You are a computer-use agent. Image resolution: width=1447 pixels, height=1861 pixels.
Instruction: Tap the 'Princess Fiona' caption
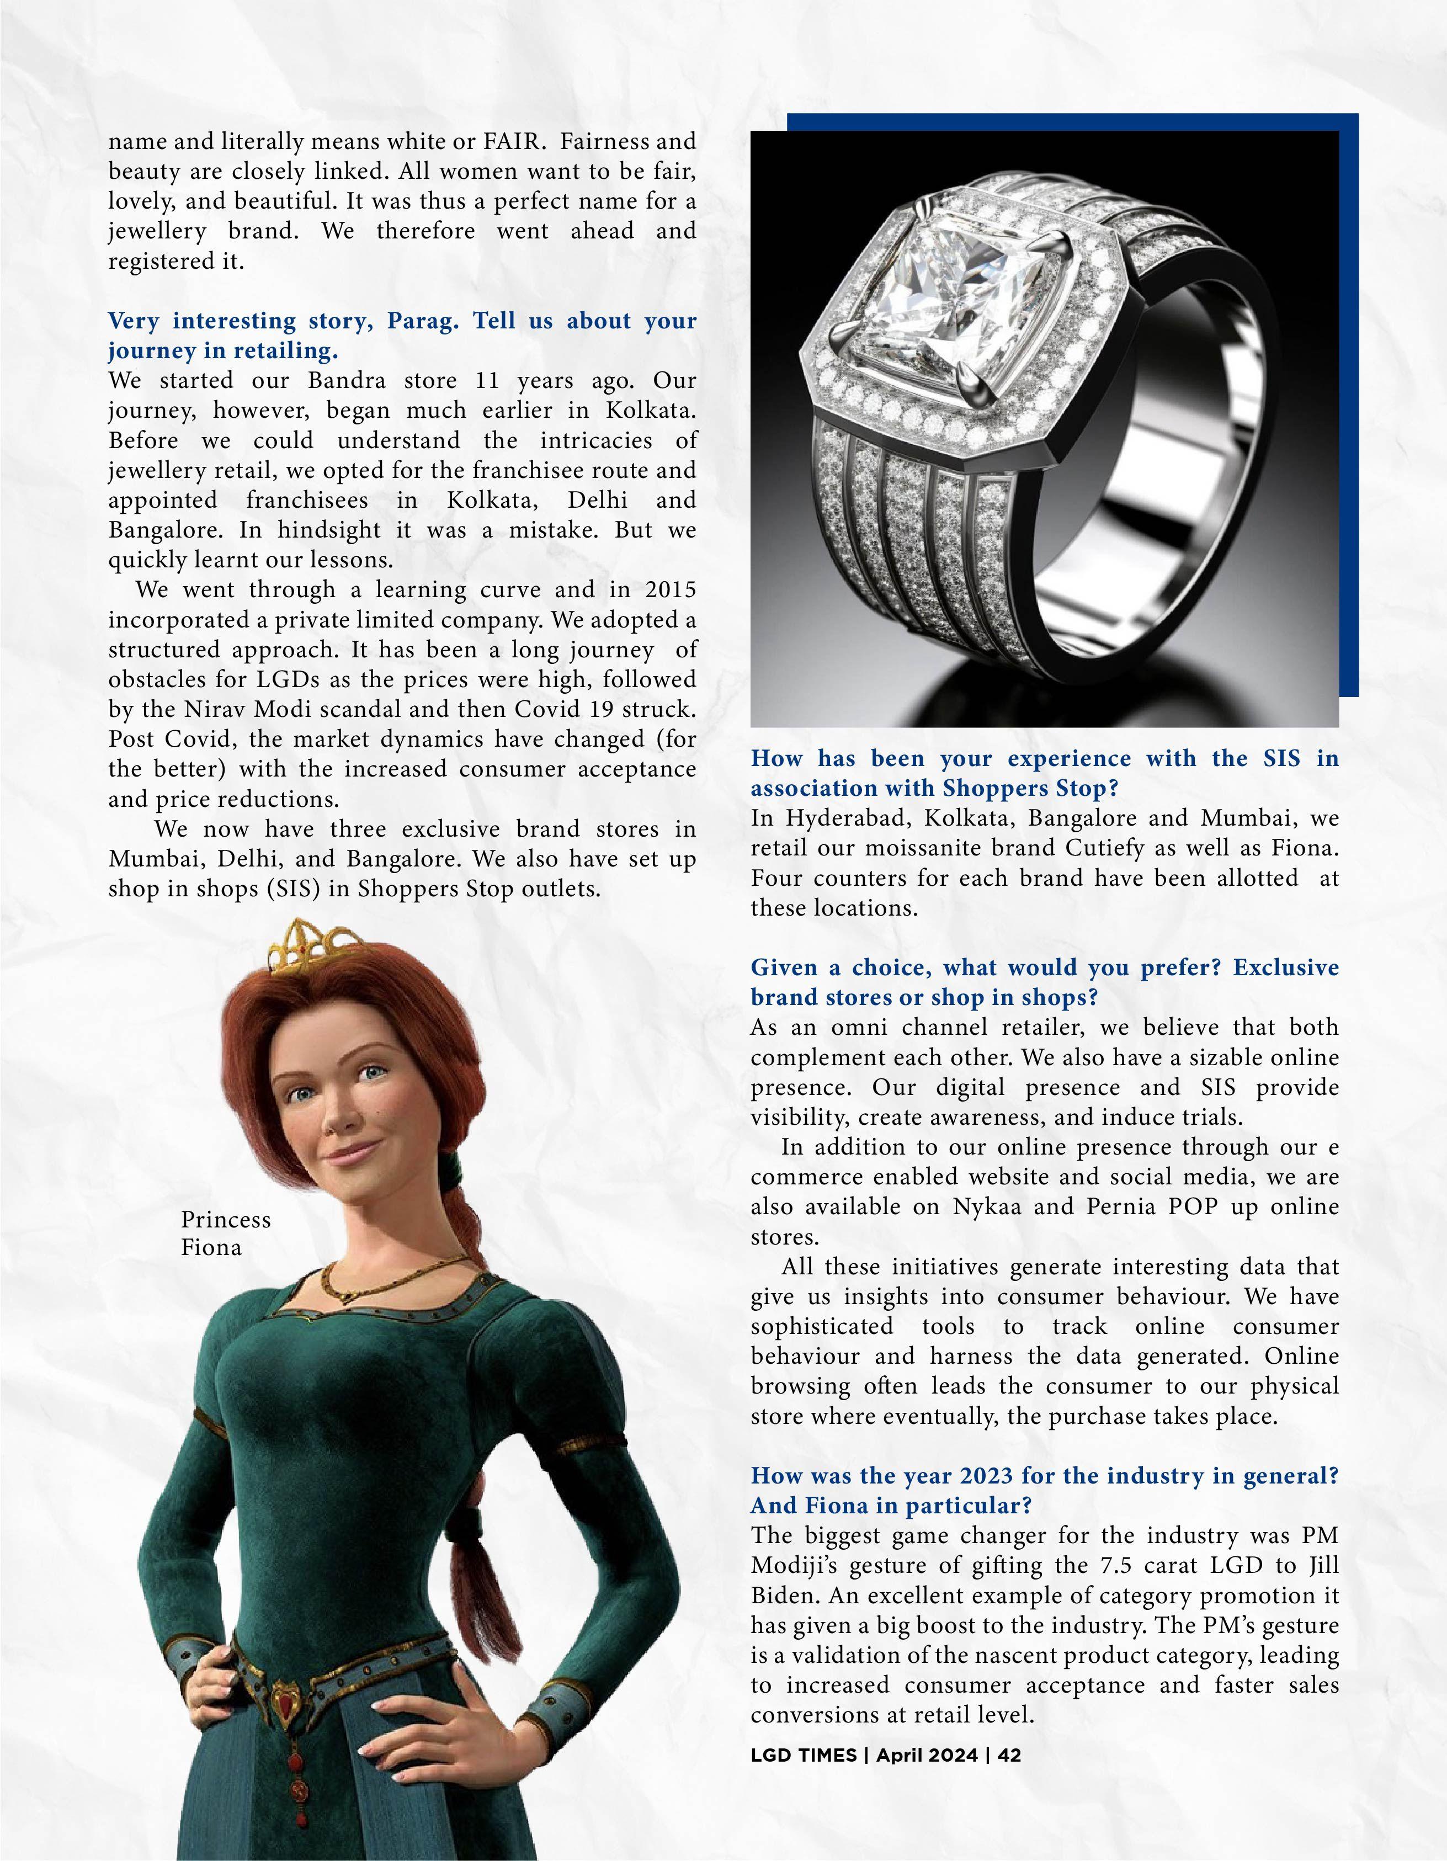tap(225, 1233)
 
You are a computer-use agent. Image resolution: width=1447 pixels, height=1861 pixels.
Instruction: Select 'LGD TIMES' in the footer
tap(804, 1754)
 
